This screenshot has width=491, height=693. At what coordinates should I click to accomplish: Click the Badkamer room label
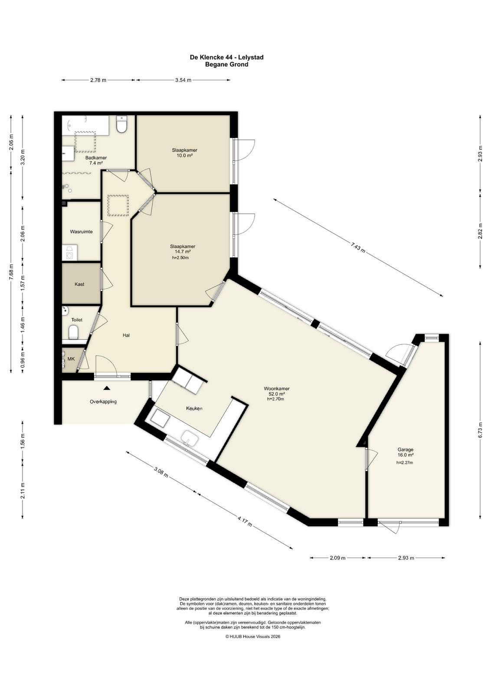pyautogui.click(x=96, y=158)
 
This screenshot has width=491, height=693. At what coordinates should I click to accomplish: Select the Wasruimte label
pyautogui.click(x=81, y=231)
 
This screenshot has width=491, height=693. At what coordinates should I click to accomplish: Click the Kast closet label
pyautogui.click(x=80, y=284)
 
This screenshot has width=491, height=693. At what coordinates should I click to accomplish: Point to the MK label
pyautogui.click(x=71, y=359)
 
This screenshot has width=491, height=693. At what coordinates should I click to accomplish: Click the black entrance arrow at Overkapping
pyautogui.click(x=107, y=388)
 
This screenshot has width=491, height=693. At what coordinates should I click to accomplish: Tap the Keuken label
pyautogui.click(x=194, y=408)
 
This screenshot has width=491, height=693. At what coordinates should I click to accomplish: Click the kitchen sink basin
pyautogui.click(x=190, y=438)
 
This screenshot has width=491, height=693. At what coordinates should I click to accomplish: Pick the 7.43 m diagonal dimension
pyautogui.click(x=358, y=247)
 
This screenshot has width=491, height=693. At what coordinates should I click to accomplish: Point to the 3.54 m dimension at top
pyautogui.click(x=183, y=80)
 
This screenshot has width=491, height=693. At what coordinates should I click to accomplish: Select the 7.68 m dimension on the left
pyautogui.click(x=11, y=272)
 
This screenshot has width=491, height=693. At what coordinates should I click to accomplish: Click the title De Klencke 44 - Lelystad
pyautogui.click(x=227, y=57)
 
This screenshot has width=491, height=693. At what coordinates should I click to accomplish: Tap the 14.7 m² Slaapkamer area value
pyautogui.click(x=183, y=252)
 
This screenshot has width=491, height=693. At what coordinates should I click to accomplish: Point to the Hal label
pyautogui.click(x=126, y=335)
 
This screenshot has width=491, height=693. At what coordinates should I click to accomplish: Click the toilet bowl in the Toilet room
pyautogui.click(x=73, y=332)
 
